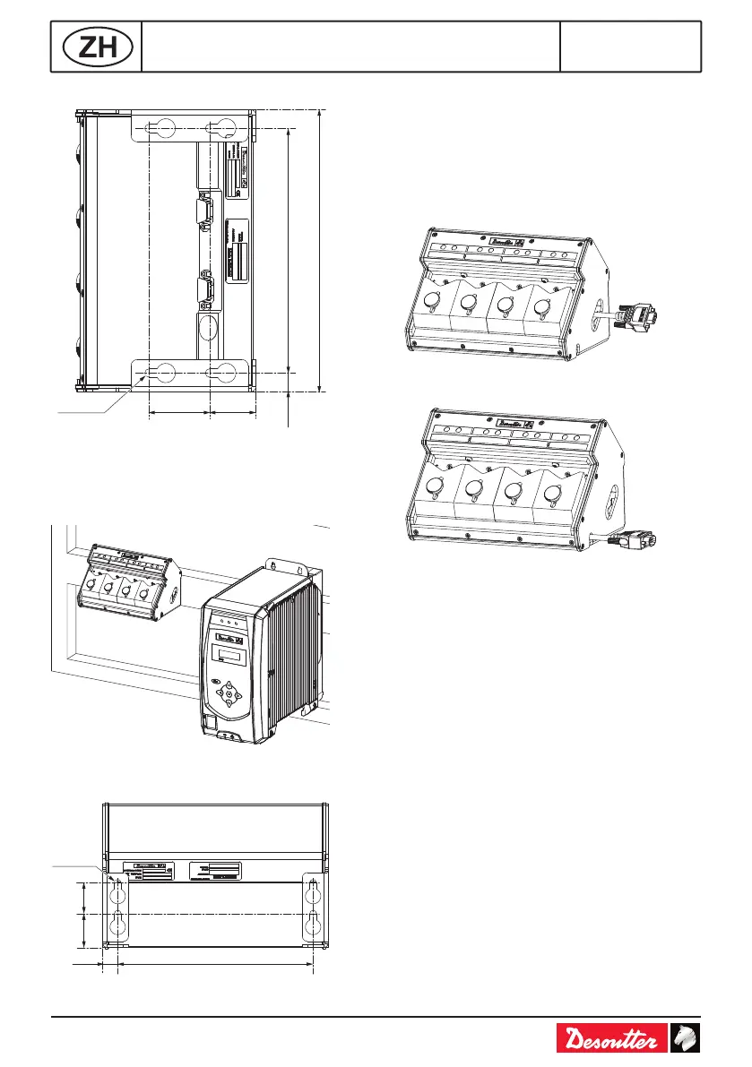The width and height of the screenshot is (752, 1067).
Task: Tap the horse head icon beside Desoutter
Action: tap(686, 1039)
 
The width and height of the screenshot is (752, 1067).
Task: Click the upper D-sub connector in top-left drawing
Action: tap(203, 211)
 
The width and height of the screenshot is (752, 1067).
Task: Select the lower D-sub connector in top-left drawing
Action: tap(203, 291)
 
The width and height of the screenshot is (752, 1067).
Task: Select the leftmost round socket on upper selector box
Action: tap(432, 302)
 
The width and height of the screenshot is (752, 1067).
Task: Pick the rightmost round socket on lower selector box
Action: tap(550, 492)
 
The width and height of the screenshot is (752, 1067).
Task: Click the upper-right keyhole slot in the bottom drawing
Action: tap(312, 892)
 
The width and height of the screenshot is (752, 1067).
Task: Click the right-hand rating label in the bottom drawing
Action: tap(214, 871)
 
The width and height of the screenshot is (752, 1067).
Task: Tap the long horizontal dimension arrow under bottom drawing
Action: tap(215, 965)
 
